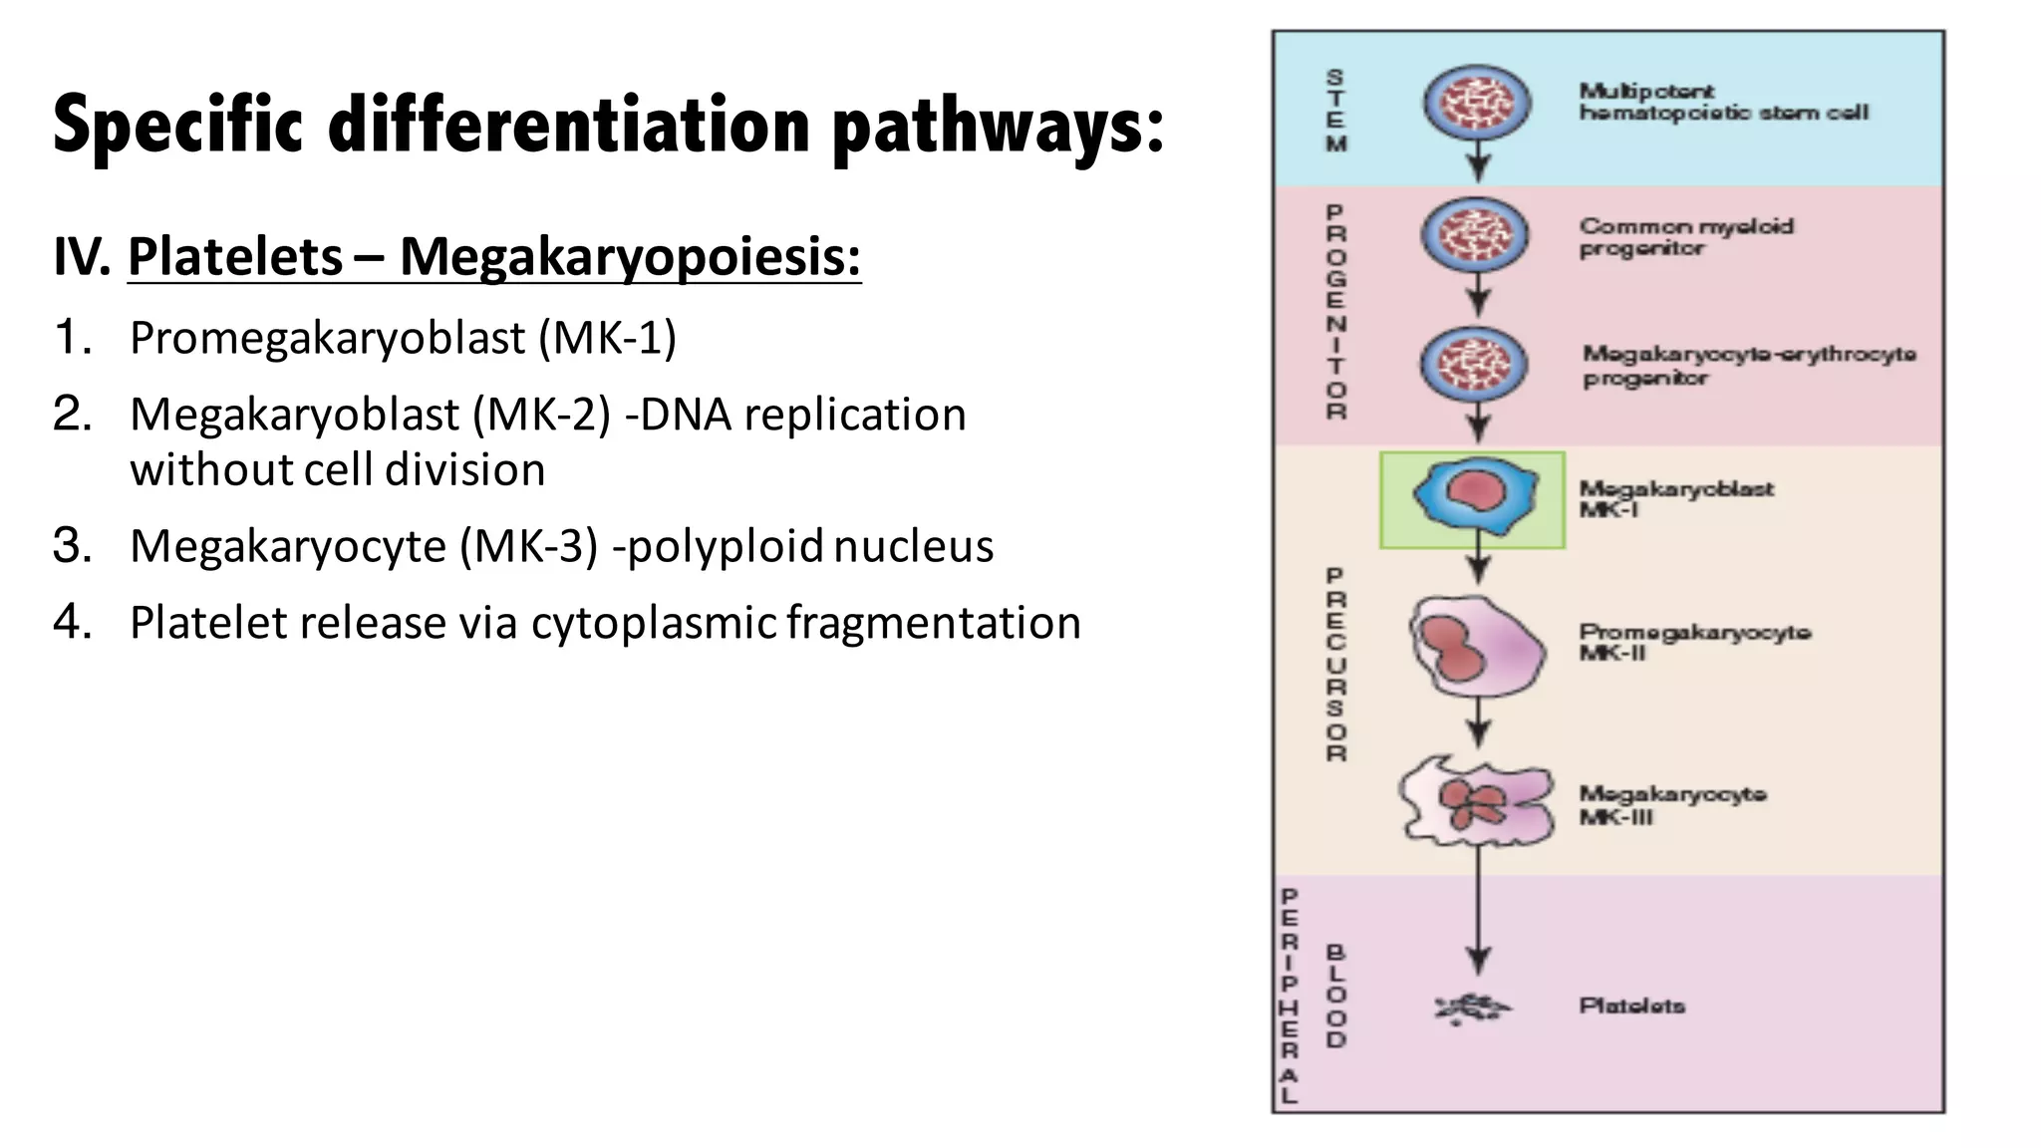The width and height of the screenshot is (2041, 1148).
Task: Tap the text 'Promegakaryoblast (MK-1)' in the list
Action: click(x=403, y=338)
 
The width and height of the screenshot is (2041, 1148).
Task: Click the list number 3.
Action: click(x=72, y=546)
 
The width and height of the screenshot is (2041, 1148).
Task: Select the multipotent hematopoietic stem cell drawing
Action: click(x=1469, y=103)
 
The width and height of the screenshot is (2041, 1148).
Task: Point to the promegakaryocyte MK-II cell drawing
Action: click(x=1475, y=646)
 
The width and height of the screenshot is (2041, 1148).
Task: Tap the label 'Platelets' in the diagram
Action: click(x=1631, y=1005)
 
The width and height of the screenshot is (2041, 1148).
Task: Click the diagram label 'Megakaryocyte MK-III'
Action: click(x=1671, y=805)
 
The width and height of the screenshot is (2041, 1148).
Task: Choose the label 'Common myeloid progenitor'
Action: click(x=1685, y=237)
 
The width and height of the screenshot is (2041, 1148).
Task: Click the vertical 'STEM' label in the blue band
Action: click(x=1335, y=110)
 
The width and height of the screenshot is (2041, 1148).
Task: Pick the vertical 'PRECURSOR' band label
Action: click(x=1335, y=665)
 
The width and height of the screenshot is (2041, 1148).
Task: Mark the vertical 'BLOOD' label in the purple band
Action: click(x=1335, y=997)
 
